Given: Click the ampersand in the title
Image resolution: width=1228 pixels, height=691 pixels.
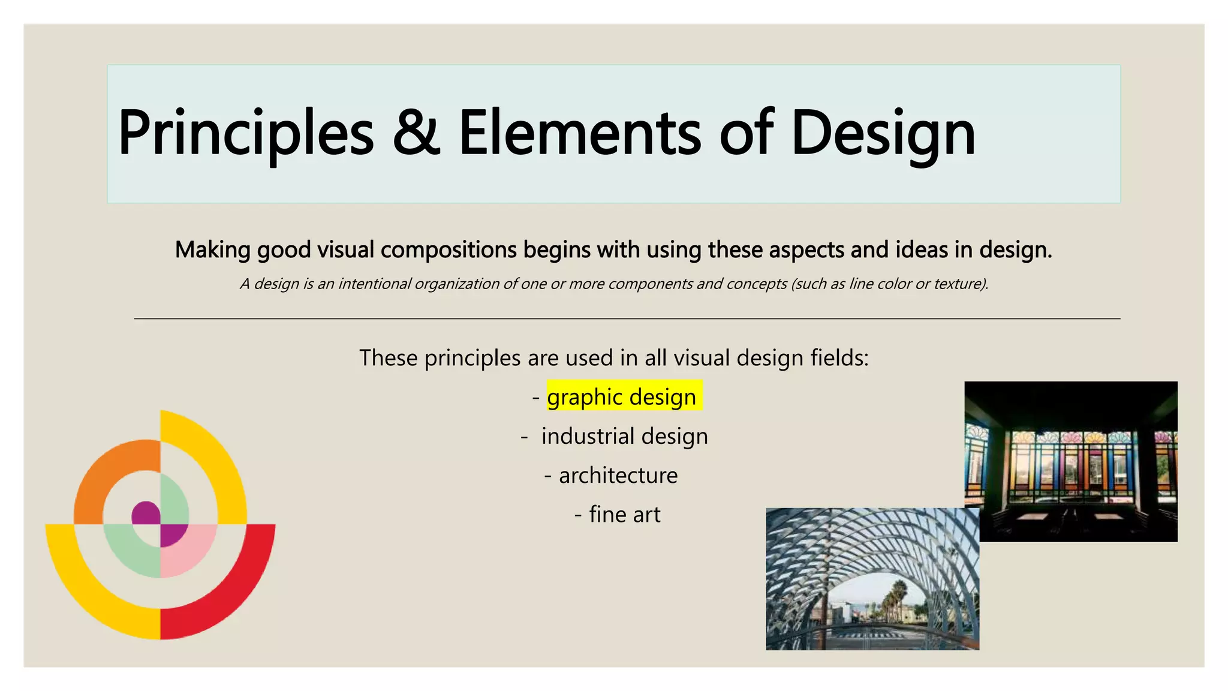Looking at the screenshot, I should pos(416,133).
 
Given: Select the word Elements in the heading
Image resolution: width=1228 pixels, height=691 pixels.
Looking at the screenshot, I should pos(579,133).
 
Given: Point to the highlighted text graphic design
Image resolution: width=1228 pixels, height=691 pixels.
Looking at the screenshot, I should pos(622,397).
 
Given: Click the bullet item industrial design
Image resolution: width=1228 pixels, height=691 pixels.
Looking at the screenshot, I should pos(624,436).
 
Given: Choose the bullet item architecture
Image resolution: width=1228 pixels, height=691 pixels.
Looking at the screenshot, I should pos(618,475).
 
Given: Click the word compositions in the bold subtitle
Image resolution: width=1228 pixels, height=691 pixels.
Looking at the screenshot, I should pos(449,250).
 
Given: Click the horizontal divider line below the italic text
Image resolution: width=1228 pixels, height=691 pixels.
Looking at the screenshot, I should pos(627,319).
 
